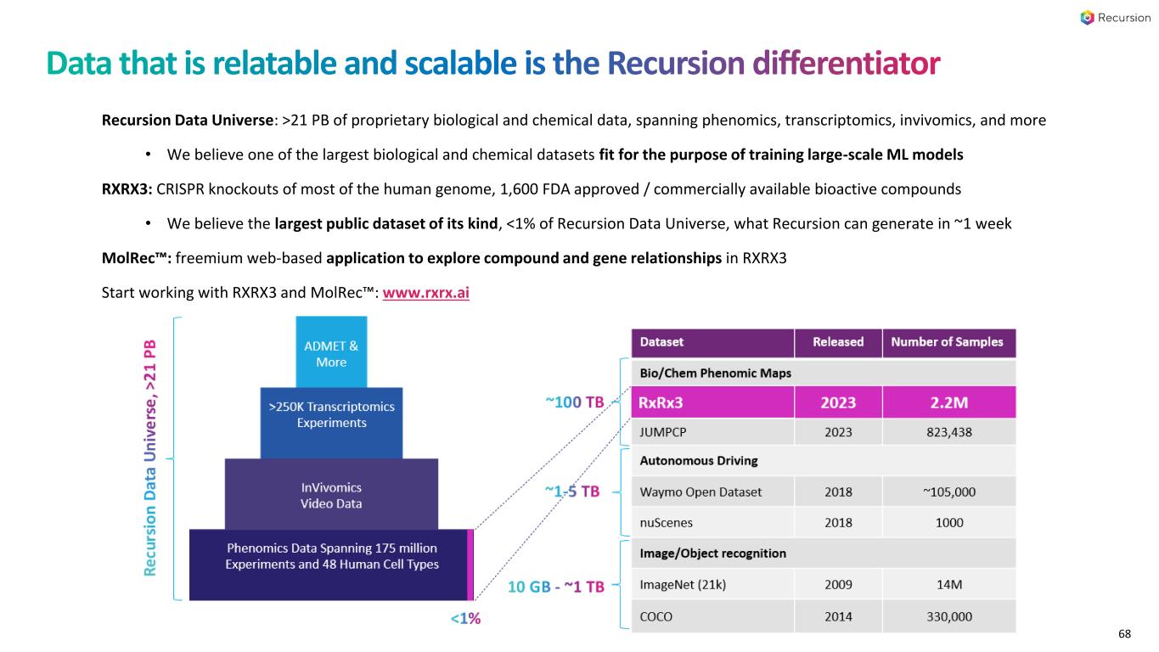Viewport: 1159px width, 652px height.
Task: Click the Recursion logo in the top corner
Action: (1115, 18)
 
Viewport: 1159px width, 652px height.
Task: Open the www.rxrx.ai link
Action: (426, 293)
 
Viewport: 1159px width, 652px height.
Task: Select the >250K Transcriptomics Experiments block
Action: (331, 414)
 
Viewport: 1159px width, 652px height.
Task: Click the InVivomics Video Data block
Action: (331, 496)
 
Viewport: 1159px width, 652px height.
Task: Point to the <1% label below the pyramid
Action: (465, 619)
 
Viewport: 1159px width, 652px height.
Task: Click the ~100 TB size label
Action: (574, 402)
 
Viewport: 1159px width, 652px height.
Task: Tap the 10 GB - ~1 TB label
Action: (556, 587)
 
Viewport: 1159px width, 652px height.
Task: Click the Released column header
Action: (837, 342)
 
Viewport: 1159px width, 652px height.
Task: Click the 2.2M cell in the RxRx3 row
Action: (948, 402)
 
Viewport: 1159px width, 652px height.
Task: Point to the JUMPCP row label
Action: (664, 432)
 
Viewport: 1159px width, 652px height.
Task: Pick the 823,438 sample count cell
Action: (948, 432)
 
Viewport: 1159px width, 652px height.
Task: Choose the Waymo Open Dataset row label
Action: (700, 492)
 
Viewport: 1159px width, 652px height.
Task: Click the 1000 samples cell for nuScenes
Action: (948, 522)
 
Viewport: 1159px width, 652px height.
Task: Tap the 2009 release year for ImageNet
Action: (837, 584)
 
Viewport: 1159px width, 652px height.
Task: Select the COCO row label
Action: (655, 616)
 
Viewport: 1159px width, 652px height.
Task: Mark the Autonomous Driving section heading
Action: (698, 461)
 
